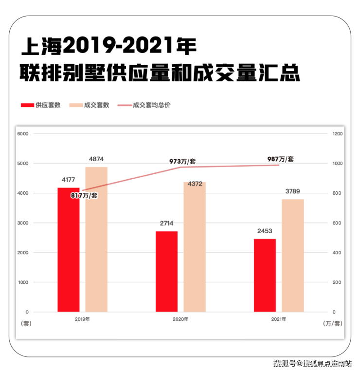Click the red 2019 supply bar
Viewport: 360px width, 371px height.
[x=68, y=249]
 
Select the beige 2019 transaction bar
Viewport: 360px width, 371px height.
[x=96, y=239]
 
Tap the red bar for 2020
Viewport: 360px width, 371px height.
[x=166, y=271]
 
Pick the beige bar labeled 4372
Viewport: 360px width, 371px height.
[x=195, y=247]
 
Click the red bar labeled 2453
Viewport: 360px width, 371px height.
[x=265, y=275]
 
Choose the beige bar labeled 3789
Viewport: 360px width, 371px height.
[x=292, y=255]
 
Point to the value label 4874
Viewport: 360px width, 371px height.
[x=96, y=159]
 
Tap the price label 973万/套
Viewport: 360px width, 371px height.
[x=182, y=161]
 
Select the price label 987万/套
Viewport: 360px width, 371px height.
[x=281, y=159]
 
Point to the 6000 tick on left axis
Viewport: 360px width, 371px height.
[x=22, y=134]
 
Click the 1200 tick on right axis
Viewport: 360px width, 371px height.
[x=337, y=134]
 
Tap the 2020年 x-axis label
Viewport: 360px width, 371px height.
[x=180, y=319]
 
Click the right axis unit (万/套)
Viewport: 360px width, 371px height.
[x=332, y=324]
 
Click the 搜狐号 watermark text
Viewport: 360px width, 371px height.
[x=285, y=363]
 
